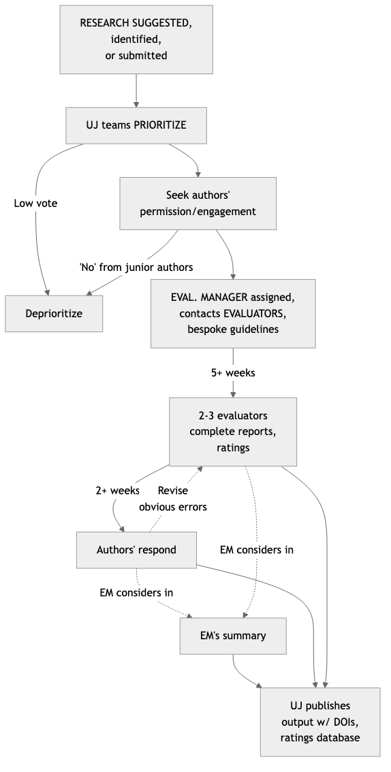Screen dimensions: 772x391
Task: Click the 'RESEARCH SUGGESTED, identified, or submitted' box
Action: click(x=136, y=39)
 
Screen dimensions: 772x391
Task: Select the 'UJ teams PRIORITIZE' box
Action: click(x=136, y=125)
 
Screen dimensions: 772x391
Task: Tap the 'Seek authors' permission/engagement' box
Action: click(x=198, y=203)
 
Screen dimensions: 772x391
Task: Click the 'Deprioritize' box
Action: click(x=54, y=313)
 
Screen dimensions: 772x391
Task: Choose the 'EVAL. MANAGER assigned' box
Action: click(x=234, y=314)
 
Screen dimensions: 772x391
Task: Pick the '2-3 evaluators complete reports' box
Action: click(x=233, y=431)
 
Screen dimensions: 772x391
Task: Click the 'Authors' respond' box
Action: click(x=136, y=549)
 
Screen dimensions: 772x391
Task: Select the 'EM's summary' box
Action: click(x=233, y=636)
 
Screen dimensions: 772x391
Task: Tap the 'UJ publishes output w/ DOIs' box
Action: click(x=320, y=722)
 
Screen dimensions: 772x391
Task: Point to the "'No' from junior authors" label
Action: click(x=136, y=267)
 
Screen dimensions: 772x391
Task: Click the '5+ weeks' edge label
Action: click(x=234, y=373)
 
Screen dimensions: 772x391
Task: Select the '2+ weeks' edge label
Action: click(x=117, y=490)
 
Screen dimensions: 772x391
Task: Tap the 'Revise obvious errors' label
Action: click(x=172, y=498)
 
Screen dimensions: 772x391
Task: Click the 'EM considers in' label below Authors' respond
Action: click(x=136, y=592)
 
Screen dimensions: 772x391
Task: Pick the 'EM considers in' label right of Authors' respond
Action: click(x=256, y=549)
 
